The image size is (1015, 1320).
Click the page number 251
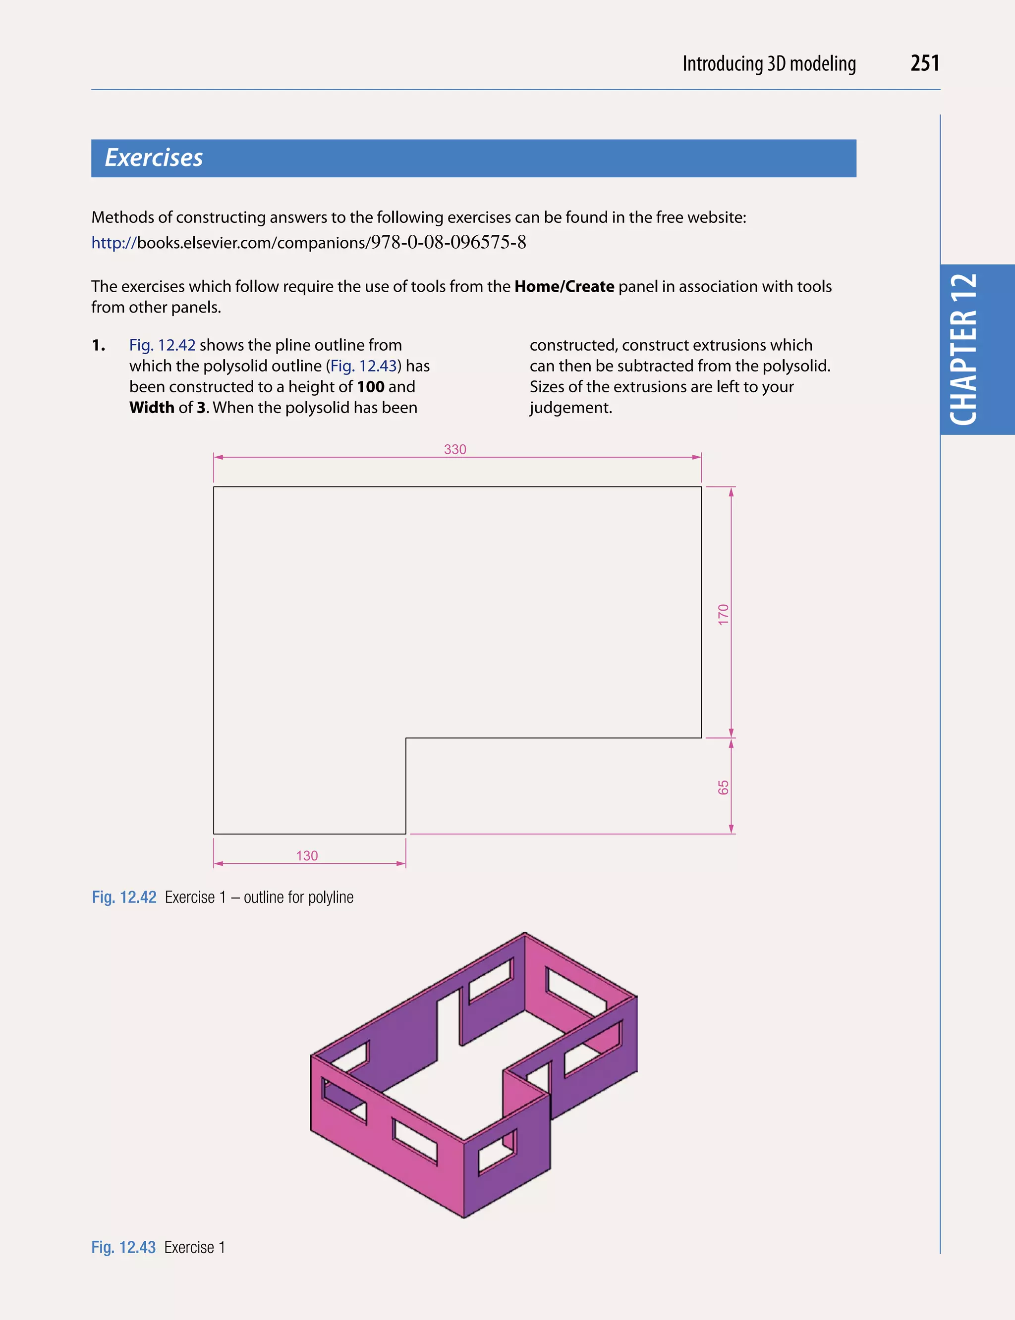[x=924, y=63]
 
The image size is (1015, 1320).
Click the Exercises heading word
[x=154, y=158]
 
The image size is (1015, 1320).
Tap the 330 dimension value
[x=455, y=449]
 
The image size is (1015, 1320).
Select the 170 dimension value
[x=723, y=614]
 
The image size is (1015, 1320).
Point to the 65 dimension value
[x=723, y=788]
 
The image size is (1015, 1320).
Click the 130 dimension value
[x=307, y=855]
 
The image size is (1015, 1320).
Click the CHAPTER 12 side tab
[x=963, y=350]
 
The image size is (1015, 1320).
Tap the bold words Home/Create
[x=564, y=286]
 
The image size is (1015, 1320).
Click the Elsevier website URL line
[x=308, y=243]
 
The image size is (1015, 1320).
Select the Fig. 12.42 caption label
[x=124, y=898]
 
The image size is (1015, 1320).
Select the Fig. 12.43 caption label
[x=123, y=1247]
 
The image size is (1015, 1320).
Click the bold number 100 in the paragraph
[x=370, y=386]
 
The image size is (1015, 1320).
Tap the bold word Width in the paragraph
[x=152, y=408]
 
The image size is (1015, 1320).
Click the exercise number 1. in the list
[x=99, y=345]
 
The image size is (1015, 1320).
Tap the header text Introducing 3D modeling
[x=769, y=63]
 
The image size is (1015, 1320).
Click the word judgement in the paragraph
[x=570, y=408]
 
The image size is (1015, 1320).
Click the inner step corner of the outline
[x=406, y=738]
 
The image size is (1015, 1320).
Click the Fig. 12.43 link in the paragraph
[x=364, y=366]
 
